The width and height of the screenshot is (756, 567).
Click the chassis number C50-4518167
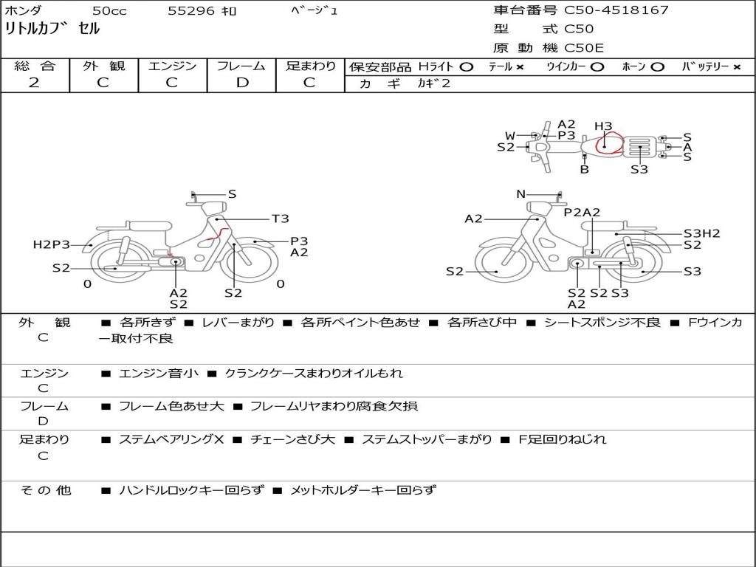tap(616, 10)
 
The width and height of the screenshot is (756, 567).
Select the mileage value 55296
tap(191, 11)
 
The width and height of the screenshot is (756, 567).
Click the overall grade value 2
tap(34, 83)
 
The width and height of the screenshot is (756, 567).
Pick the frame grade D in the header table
tap(242, 83)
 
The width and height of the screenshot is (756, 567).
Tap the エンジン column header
tap(172, 66)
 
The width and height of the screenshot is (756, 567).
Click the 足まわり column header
tap(311, 66)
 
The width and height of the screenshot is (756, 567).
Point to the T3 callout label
tap(280, 219)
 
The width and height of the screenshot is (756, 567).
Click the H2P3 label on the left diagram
tap(51, 244)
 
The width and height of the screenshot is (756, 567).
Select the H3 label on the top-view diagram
tap(603, 126)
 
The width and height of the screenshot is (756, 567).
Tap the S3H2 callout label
tap(701, 233)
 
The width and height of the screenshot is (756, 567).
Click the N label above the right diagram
tap(520, 194)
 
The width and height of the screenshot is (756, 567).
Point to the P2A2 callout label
tap(582, 213)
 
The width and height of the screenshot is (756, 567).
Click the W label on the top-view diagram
tap(509, 135)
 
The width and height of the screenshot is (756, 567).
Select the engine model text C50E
tap(584, 48)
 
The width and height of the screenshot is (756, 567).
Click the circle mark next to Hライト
tap(466, 66)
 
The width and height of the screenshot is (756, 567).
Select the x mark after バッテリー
tap(737, 66)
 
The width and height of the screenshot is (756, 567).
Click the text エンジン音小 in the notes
tap(159, 374)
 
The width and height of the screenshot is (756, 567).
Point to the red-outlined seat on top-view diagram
tap(608, 144)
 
